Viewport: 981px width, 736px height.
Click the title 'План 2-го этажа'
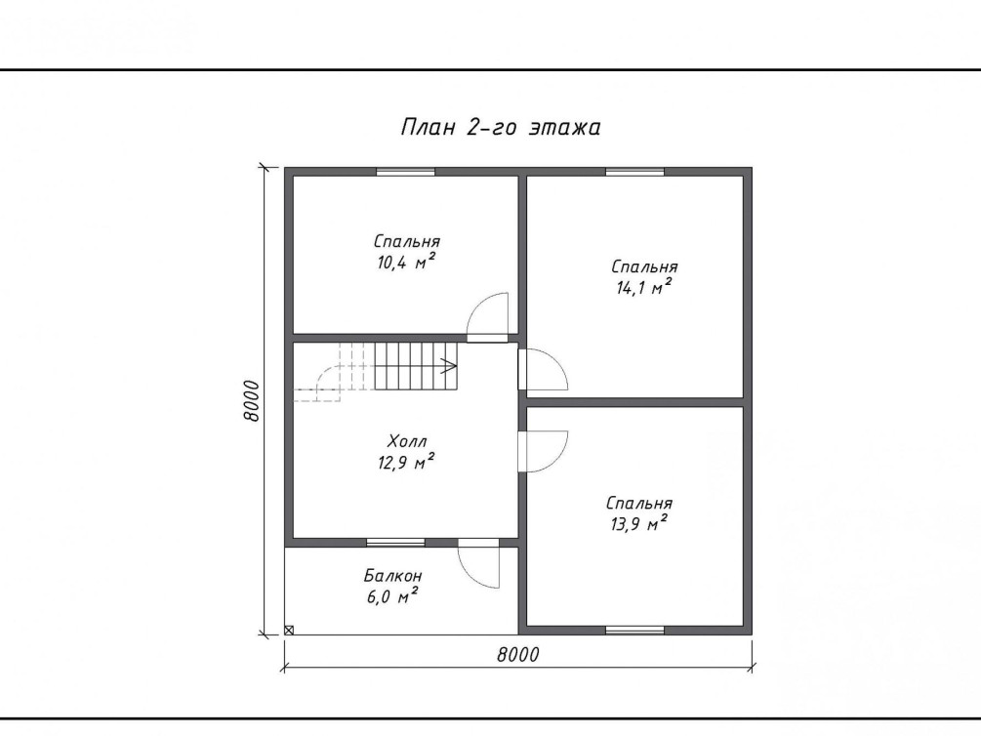pos(501,127)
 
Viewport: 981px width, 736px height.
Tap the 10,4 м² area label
pos(406,262)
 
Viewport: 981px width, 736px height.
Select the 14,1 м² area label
pos(643,287)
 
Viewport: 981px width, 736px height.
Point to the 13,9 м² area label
pos(638,523)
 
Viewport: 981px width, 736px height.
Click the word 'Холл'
pos(407,441)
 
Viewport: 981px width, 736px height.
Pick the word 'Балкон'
pos(393,575)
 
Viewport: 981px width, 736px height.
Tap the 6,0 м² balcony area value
pos(392,595)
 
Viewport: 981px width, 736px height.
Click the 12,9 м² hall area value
pos(406,463)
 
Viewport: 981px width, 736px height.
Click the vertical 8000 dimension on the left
pos(251,400)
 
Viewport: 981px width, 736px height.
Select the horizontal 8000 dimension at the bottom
pos(518,655)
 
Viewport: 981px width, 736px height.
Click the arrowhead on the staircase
pos(449,365)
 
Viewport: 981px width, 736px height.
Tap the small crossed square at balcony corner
pos(289,631)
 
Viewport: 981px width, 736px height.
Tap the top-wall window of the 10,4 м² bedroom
pos(405,172)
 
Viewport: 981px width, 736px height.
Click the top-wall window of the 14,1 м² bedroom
pos(635,172)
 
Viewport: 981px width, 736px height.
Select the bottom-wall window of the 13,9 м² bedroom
pos(635,631)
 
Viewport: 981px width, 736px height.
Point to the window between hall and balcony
pos(395,542)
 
